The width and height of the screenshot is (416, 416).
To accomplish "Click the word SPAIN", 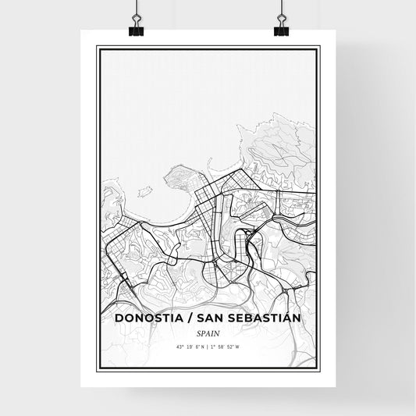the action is (x=208, y=332).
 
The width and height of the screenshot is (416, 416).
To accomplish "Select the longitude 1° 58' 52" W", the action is (x=226, y=347).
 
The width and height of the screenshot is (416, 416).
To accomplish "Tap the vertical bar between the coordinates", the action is (x=208, y=347).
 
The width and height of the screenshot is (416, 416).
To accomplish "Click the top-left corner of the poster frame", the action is (x=98, y=48).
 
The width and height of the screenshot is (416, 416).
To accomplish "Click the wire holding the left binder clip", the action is (x=137, y=9).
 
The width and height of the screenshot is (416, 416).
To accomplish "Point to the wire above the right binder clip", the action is (x=281, y=9).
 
